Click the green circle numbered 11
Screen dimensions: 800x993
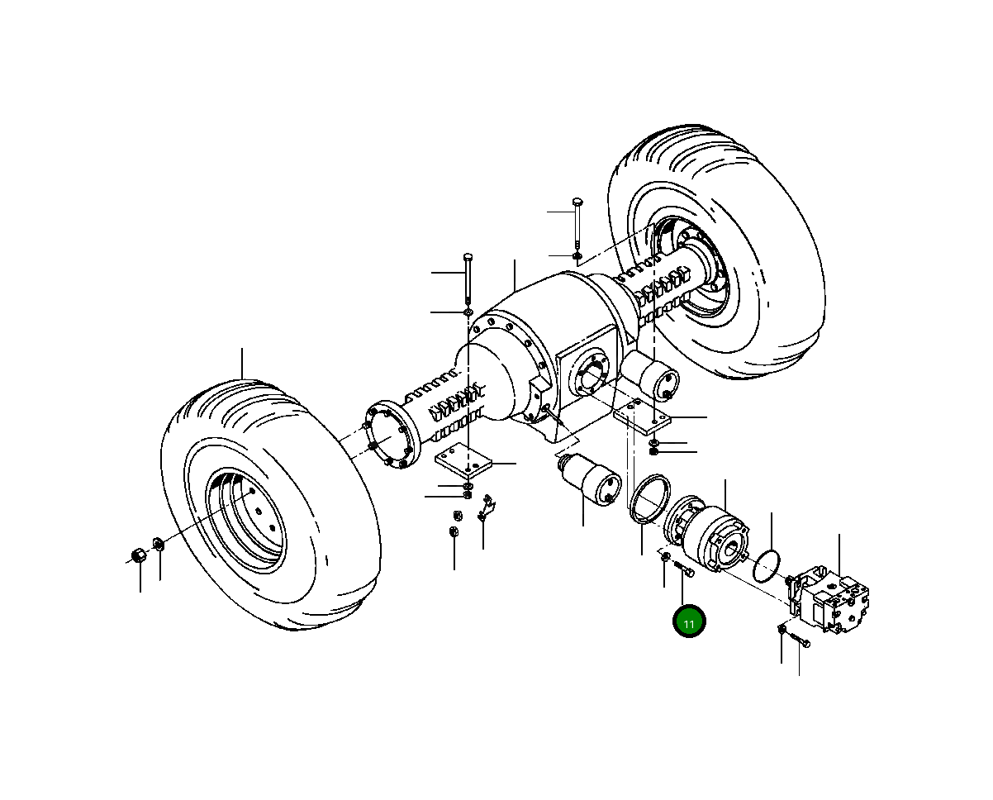(688, 622)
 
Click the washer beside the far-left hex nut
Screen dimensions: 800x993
(159, 545)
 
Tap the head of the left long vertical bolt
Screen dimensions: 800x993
(468, 256)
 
